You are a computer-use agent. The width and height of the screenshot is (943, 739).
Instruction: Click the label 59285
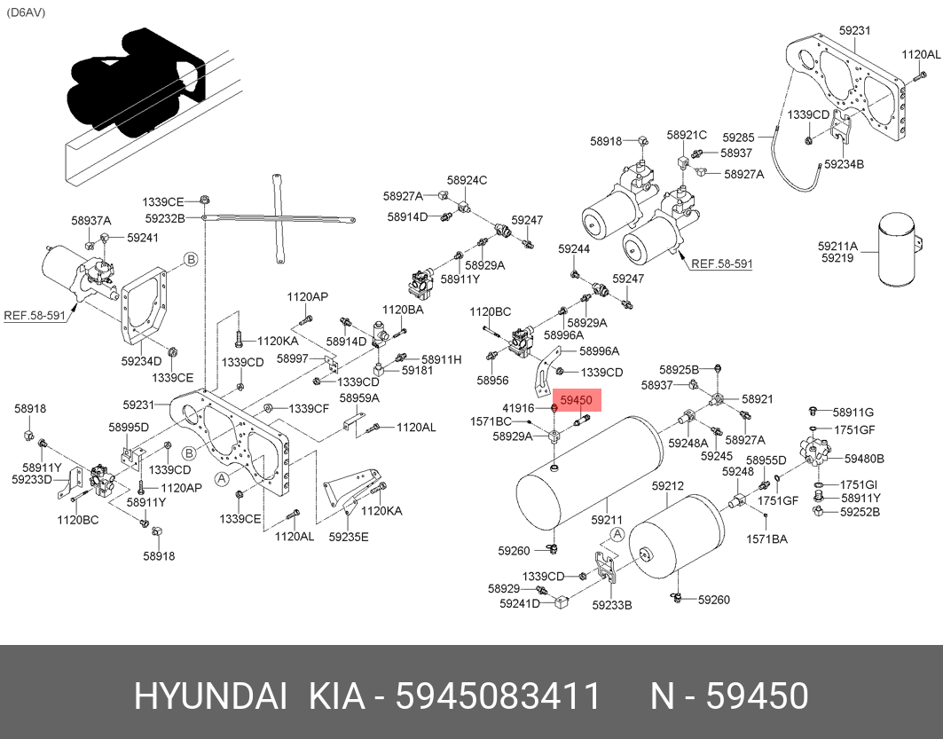coord(738,138)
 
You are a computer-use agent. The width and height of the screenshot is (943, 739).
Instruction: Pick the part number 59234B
coord(844,164)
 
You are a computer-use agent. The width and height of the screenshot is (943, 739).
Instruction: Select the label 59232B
coord(166,218)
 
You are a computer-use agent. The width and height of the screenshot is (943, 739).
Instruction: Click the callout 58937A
coord(91,221)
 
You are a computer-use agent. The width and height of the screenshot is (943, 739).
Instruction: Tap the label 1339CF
coord(310,408)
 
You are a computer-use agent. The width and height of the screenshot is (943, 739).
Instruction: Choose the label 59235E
coord(348,536)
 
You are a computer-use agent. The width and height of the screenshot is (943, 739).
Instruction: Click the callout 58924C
coord(467,180)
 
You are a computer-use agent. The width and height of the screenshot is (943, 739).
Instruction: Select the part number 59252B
coord(860,511)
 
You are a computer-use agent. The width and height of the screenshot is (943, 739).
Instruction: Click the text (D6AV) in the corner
coord(26,12)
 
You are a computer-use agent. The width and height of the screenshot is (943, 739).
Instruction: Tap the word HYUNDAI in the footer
coord(209,696)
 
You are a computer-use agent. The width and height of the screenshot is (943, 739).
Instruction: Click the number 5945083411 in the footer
coord(499,696)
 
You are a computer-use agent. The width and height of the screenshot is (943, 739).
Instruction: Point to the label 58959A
coord(359,397)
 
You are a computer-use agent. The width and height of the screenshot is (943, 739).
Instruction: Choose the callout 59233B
coord(611,605)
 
